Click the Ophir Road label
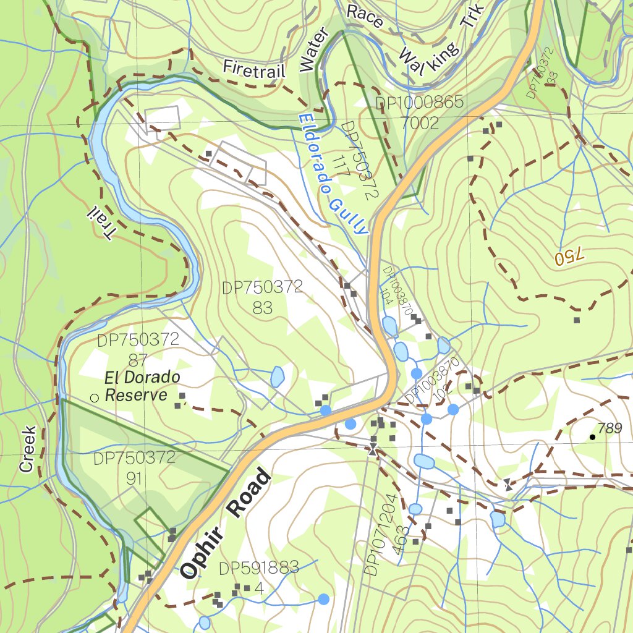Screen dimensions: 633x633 (227, 524)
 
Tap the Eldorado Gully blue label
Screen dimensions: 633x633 (333, 174)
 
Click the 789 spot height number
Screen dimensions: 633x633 (610, 428)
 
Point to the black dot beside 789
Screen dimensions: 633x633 (592, 437)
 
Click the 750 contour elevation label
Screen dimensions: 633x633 (569, 258)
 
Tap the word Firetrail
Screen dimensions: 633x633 (254, 68)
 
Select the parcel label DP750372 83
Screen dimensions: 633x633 (263, 297)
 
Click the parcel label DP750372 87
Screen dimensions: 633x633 (138, 349)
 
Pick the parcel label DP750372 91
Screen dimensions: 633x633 (135, 468)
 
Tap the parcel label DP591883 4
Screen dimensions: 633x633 (258, 577)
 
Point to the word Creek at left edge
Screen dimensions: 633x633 (27, 449)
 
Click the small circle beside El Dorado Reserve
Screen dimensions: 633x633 (95, 398)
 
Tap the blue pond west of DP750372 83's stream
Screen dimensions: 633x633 (277, 376)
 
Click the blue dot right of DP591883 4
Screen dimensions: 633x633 (323, 598)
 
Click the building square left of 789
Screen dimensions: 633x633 (577, 320)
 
